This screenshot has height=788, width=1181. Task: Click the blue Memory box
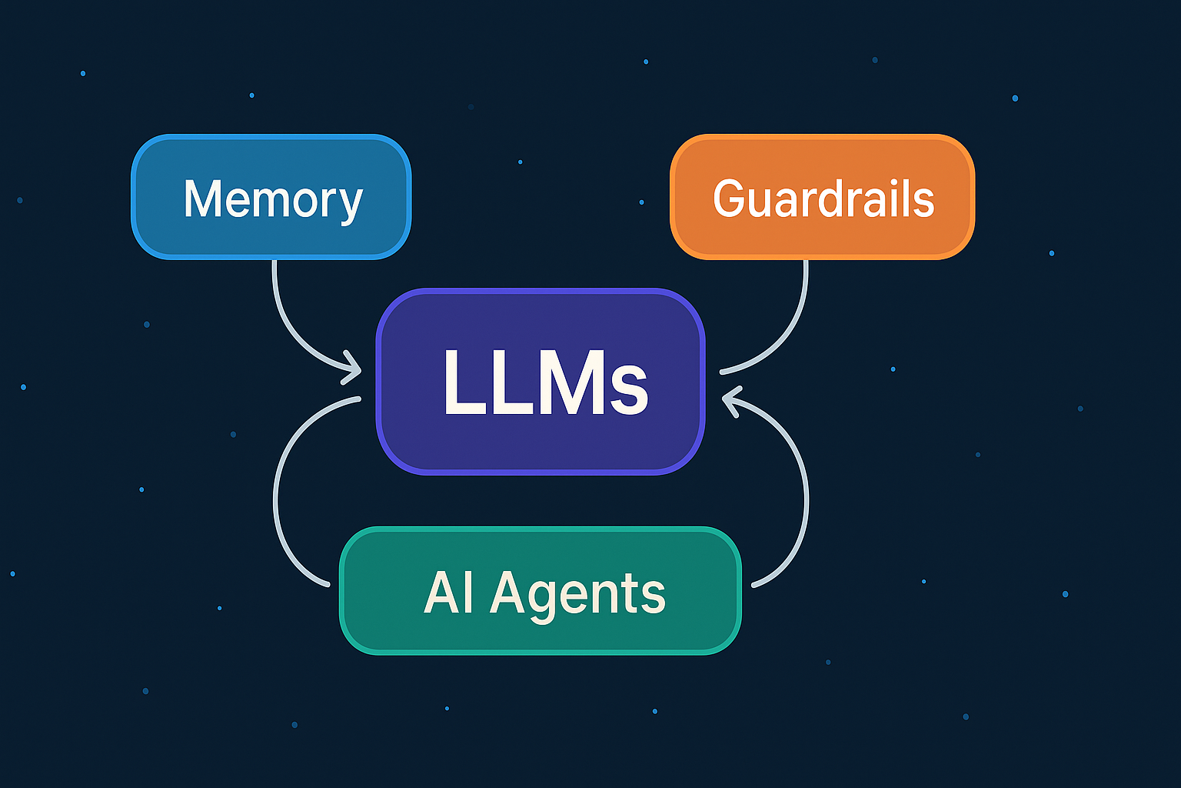click(x=271, y=197)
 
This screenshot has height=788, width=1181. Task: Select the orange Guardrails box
click(x=823, y=197)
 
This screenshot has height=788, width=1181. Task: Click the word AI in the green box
click(x=449, y=593)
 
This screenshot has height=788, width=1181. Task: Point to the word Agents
click(x=578, y=595)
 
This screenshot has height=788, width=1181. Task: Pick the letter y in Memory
click(x=350, y=203)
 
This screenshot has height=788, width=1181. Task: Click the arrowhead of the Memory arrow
click(x=353, y=367)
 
